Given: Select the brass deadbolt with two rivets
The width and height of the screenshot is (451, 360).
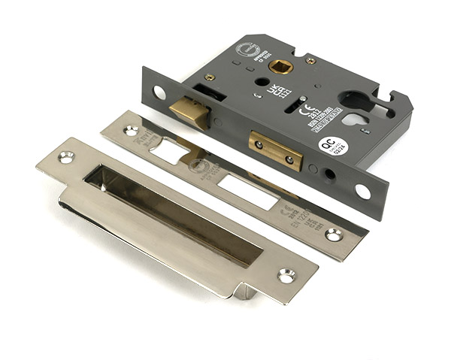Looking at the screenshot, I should click(276, 150).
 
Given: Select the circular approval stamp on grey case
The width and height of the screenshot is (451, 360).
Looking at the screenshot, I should click(247, 50).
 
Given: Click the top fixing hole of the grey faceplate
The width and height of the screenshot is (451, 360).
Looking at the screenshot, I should click(159, 92).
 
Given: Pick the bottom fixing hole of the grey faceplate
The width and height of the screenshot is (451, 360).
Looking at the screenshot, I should click(362, 191).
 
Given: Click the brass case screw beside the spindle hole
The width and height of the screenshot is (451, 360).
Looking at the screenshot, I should click(310, 60).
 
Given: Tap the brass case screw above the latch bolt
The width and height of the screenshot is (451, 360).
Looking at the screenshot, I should click(210, 77).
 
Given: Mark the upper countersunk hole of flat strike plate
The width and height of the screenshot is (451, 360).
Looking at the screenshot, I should click(132, 130).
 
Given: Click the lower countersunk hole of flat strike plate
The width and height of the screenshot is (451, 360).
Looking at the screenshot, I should click(334, 234).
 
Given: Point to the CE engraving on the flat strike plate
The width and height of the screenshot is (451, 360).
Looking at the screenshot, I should click(286, 211).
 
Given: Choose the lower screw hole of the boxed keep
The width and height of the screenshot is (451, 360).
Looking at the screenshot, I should click(286, 275).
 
